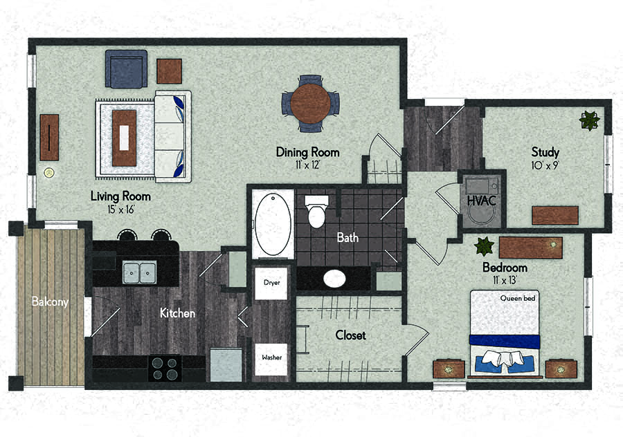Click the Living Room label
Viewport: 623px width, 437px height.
pos(120,196)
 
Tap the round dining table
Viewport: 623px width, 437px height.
pos(310,103)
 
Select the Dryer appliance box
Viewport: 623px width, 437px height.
pos(271,283)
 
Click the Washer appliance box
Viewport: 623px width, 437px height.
pos(271,359)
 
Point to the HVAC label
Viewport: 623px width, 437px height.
pos(482,201)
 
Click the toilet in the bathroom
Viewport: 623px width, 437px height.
pos(316,212)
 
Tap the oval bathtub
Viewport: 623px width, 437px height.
pos(273,224)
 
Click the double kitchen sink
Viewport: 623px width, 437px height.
pos(139,272)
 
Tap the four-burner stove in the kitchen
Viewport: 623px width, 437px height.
pos(165,369)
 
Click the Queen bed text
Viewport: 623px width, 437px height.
pos(518,298)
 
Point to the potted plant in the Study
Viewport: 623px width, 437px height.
pos(590,120)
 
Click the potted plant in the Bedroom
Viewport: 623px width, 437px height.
pos(485,246)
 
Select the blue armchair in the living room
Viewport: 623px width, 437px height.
pos(127,68)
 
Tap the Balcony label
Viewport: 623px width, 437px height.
pos(50,301)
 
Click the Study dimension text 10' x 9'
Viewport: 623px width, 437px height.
pos(545,165)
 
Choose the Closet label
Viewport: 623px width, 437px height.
pos(350,335)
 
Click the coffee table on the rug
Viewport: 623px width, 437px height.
pos(125,138)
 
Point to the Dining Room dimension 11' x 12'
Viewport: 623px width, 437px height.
pos(307,165)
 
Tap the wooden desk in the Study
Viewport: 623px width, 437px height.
pos(555,216)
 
